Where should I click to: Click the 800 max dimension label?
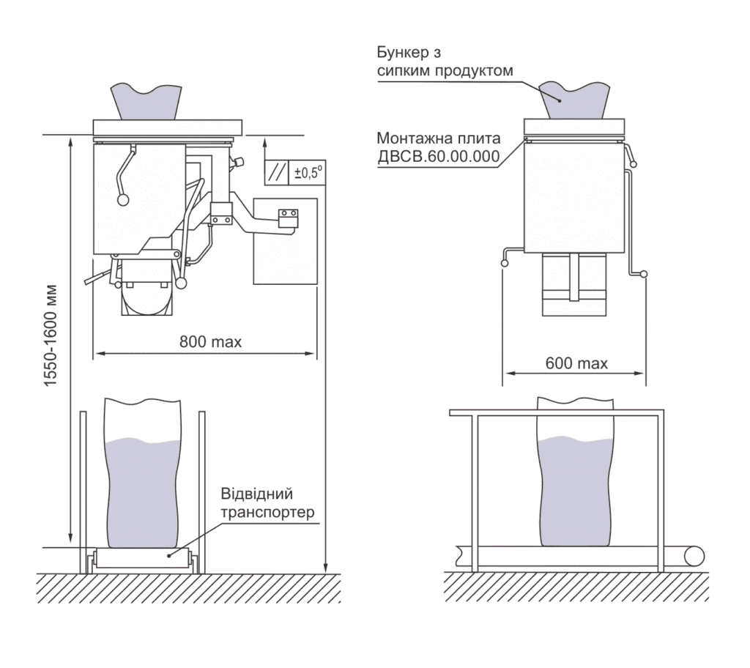point(210,341)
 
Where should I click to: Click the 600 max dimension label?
point(576,363)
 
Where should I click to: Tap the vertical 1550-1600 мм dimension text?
point(51,336)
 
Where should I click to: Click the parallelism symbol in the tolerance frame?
point(277,172)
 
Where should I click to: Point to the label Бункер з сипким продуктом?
point(445,61)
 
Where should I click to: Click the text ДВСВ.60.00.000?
point(439,157)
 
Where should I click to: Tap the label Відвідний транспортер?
point(267,503)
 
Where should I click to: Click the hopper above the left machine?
point(146,102)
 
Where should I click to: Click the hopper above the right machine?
point(574,100)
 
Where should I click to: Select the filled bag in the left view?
point(143,472)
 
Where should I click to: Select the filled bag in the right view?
point(575,471)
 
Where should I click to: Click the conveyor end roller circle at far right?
point(694,557)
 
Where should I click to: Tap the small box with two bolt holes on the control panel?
point(289,218)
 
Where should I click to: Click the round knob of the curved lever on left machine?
point(123,200)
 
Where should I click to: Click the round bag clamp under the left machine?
point(146,300)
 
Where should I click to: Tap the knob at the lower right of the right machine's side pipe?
point(644,274)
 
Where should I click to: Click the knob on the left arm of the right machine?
point(504,263)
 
